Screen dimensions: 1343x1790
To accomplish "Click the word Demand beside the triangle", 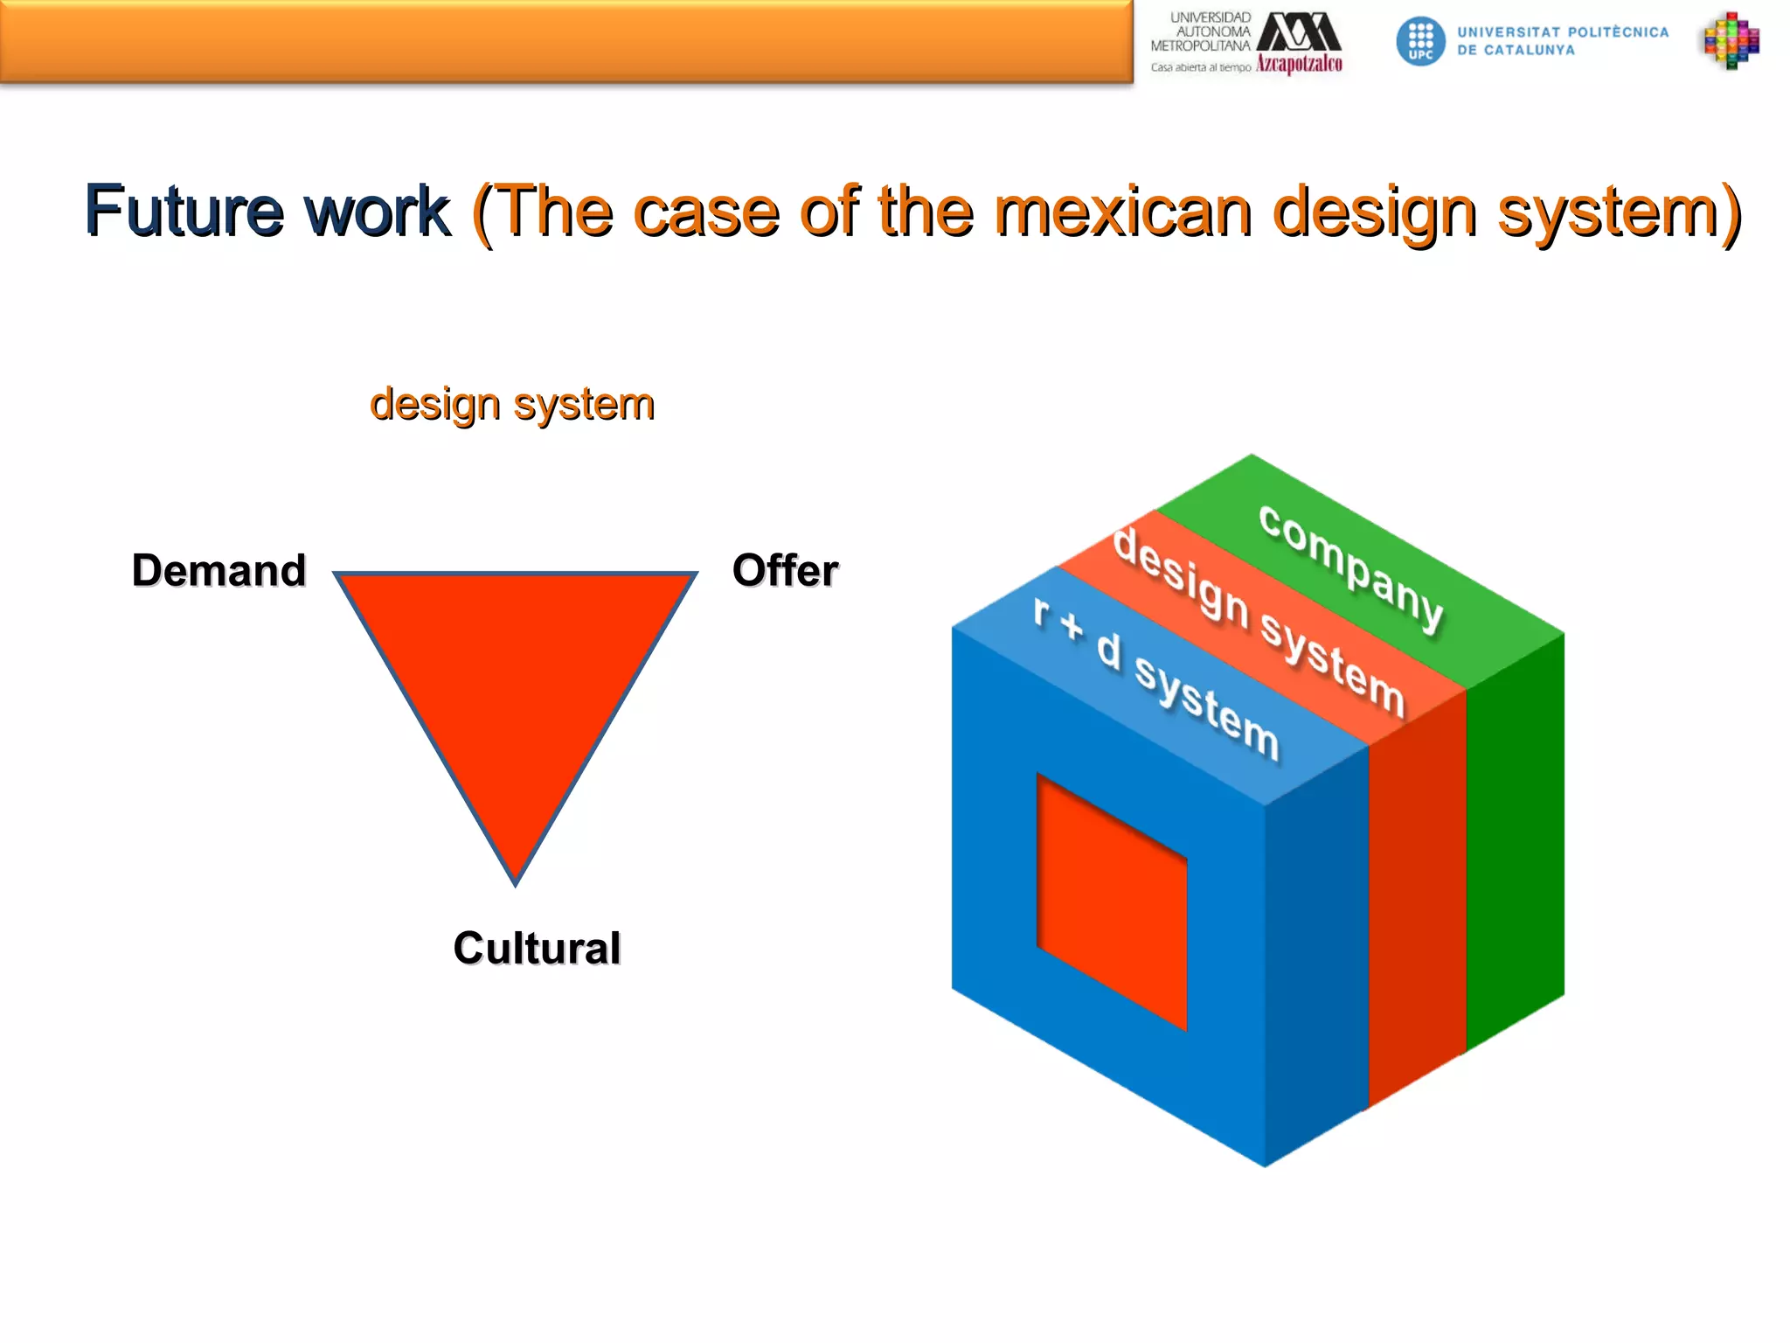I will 219,571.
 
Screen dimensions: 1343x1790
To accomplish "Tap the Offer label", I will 785,571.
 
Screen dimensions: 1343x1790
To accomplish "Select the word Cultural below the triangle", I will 537,949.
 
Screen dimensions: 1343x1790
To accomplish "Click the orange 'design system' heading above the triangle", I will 512,405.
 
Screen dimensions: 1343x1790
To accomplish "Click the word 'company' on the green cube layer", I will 1351,567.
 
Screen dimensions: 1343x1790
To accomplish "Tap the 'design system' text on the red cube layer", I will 1259,621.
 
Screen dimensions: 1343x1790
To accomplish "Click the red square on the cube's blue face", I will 1112,901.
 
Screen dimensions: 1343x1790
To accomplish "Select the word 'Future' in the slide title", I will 184,212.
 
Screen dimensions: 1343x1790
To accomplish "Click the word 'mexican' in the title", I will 1123,212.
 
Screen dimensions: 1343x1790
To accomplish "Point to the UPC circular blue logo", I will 1420,41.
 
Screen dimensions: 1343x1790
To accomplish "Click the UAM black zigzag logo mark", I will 1299,32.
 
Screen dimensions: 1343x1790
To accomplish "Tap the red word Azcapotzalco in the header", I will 1299,64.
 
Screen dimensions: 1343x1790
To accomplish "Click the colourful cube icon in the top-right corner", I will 1731,40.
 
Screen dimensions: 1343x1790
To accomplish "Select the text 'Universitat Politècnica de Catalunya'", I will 1562,41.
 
